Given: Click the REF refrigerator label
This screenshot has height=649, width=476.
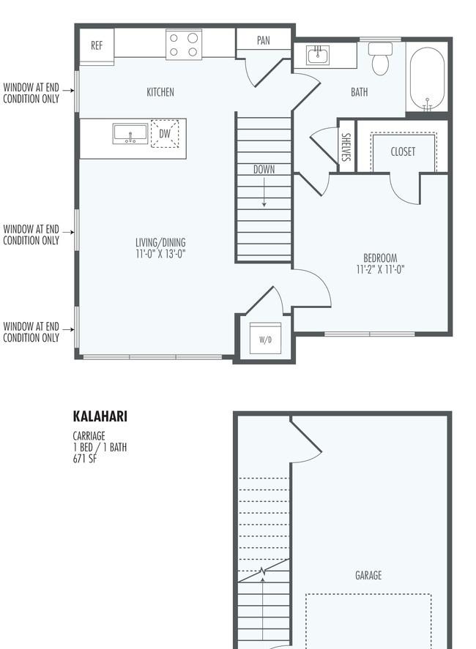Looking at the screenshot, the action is click(97, 45).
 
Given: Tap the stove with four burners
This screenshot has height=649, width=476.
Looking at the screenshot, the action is click(184, 45).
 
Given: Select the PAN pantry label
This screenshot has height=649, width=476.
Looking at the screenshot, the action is click(264, 40).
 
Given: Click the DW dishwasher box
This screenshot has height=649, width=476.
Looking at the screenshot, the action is click(165, 134).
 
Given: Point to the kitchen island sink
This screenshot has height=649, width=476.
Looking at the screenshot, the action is click(130, 134).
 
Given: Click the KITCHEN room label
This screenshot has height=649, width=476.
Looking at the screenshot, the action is click(160, 92).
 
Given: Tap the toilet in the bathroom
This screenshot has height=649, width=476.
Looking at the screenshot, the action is click(380, 59).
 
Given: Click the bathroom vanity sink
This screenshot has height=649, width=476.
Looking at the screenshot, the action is click(318, 55).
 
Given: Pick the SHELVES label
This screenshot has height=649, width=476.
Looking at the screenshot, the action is click(346, 147).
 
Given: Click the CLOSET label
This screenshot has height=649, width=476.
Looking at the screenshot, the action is click(403, 151).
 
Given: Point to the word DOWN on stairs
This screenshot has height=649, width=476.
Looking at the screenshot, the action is click(264, 169).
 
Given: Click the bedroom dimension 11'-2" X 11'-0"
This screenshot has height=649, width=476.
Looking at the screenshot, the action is click(380, 269).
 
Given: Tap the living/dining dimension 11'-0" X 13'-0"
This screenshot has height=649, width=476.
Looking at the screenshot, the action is click(160, 254).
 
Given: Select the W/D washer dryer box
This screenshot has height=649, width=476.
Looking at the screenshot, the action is click(266, 339).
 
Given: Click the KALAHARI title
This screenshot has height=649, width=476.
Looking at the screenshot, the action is click(100, 416).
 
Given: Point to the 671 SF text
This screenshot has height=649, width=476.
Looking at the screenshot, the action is click(85, 459).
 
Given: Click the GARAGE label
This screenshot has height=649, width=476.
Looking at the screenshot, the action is click(368, 575).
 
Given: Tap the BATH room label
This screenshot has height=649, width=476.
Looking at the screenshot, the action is click(359, 92).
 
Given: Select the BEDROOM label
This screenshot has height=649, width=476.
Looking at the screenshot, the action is click(380, 258).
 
